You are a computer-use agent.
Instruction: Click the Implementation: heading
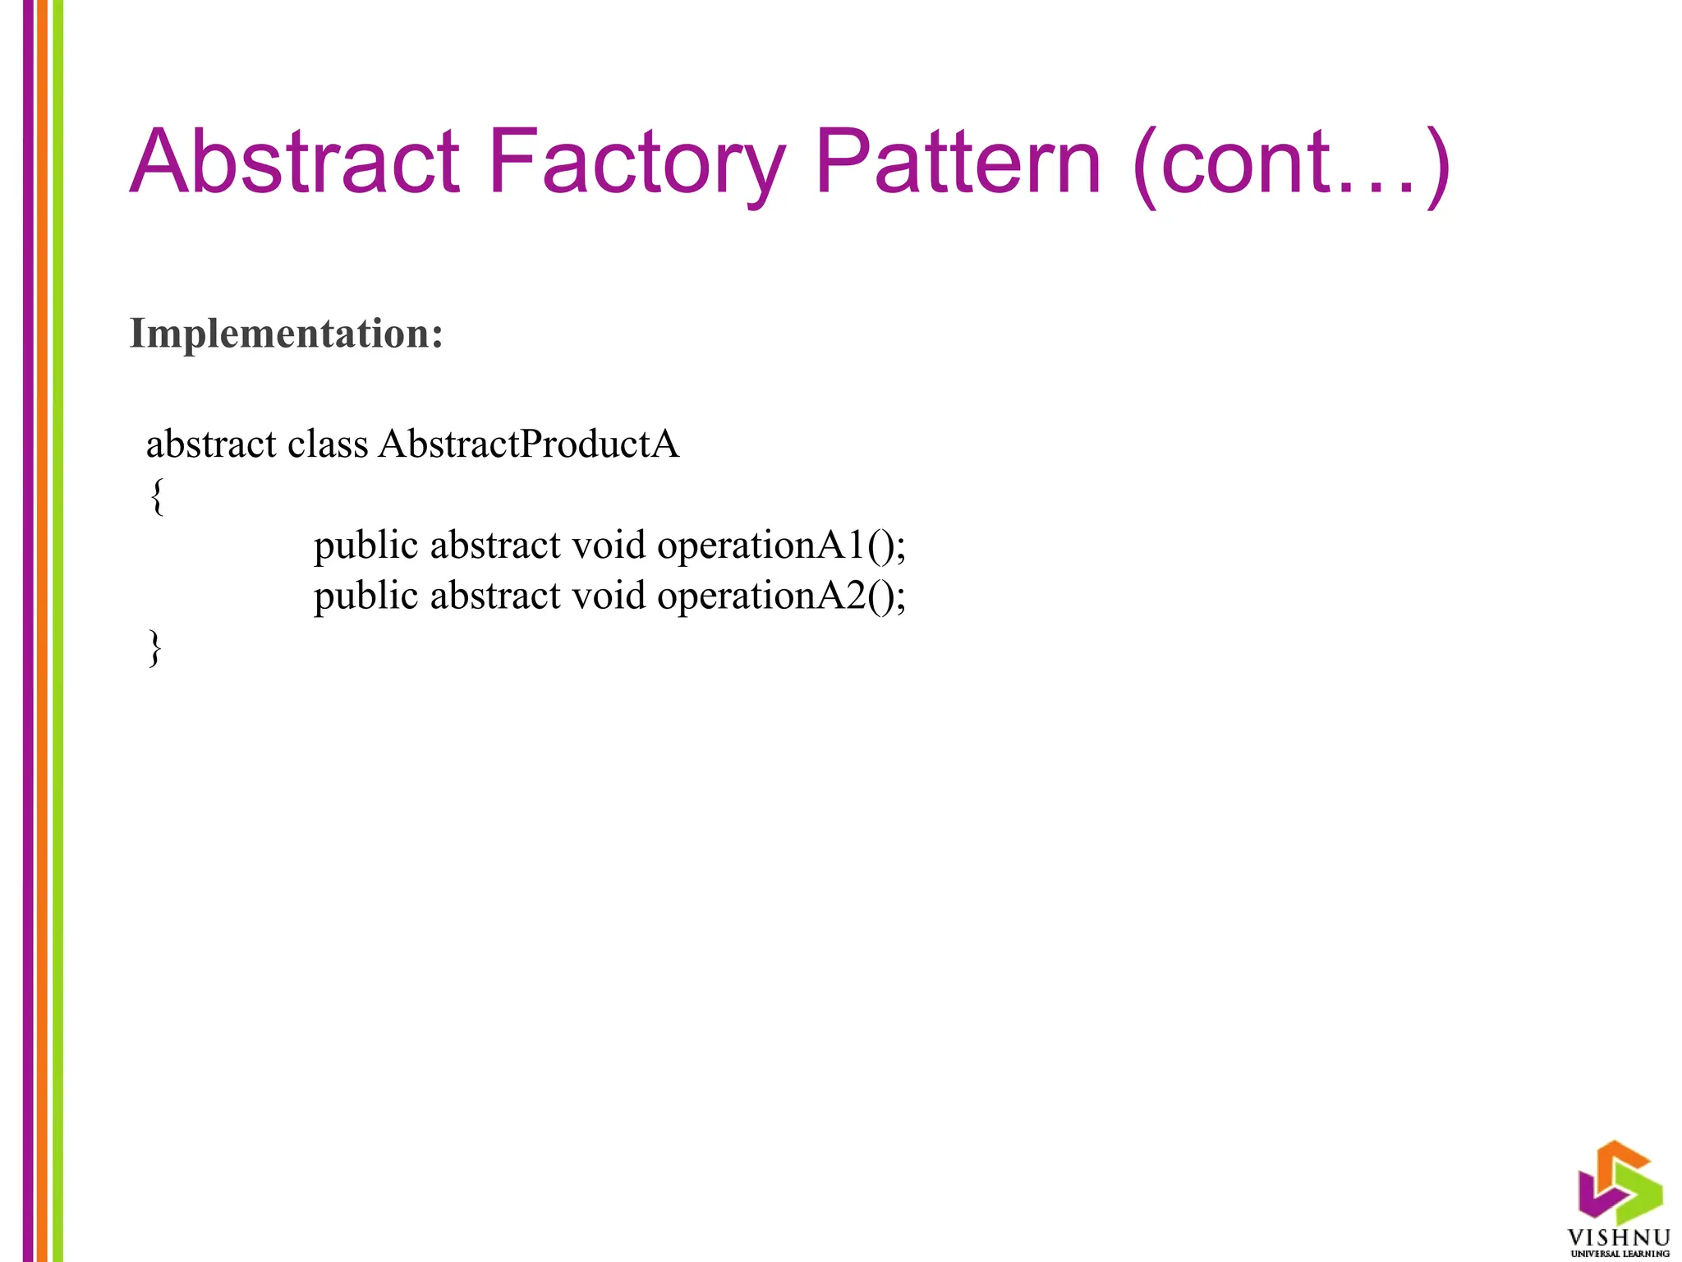coord(287,334)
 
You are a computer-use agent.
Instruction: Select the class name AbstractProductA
coord(529,444)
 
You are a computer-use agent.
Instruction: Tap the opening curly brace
coord(157,496)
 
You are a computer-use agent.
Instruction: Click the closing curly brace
coord(155,647)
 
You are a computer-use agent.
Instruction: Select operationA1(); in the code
coord(781,546)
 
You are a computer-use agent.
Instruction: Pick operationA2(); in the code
coord(781,596)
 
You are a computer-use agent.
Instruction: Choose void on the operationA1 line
coord(609,546)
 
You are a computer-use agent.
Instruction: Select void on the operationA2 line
coord(609,596)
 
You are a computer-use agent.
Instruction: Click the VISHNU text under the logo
coord(1619,1238)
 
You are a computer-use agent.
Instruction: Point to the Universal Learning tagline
coord(1620,1254)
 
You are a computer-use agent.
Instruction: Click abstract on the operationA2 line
coord(494,596)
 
